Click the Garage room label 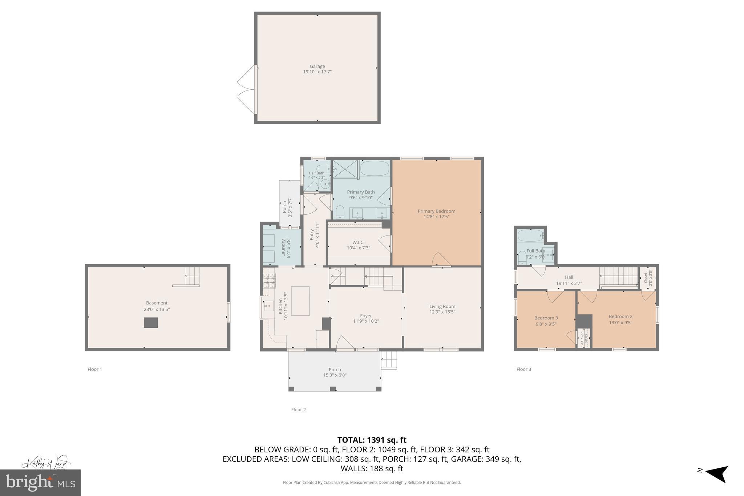click(317, 66)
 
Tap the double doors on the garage click(246, 89)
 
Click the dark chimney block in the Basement click(151, 322)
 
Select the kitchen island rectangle click(300, 301)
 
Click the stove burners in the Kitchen click(269, 281)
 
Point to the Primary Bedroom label click(436, 211)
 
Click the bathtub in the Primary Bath click(375, 169)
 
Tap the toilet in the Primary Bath click(340, 212)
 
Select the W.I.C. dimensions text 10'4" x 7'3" click(358, 248)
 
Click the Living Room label click(442, 306)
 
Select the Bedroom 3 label click(546, 318)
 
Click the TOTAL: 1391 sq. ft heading click(372, 440)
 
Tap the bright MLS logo click(40, 483)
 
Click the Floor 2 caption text click(298, 410)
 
